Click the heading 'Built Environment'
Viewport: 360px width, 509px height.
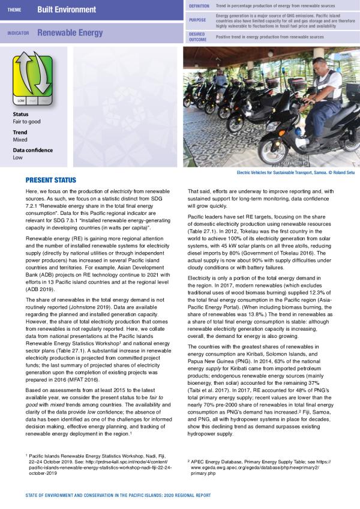pos(66,10)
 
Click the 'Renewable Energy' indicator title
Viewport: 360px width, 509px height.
pos(70,33)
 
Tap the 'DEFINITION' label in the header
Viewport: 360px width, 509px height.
pos(199,5)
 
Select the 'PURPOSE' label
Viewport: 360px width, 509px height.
pos(197,20)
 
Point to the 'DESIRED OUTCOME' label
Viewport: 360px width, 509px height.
pos(198,37)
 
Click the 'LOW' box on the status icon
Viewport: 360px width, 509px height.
pos(21,101)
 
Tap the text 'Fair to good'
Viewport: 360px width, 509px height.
pos(26,121)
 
